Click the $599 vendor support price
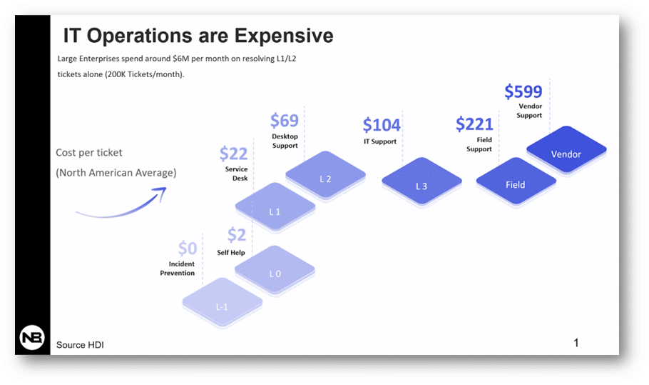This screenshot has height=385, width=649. click(x=523, y=91)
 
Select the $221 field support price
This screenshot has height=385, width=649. click(x=474, y=124)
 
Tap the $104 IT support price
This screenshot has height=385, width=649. click(x=382, y=125)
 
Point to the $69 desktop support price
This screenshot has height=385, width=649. click(x=285, y=121)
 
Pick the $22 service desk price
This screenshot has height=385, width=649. click(x=233, y=154)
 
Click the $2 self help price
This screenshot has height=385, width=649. click(x=237, y=235)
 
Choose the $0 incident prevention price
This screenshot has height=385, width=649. click(x=188, y=249)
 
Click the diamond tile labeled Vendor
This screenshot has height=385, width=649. click(x=566, y=151)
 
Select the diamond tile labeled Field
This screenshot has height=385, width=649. click(x=516, y=182)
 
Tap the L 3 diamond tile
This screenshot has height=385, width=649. click(x=421, y=182)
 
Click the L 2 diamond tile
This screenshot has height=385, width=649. click(x=325, y=176)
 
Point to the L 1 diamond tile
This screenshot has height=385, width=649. click(x=275, y=208)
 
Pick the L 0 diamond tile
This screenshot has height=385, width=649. click(x=275, y=271)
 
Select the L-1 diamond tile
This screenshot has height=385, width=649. click(x=223, y=303)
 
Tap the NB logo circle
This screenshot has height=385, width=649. click(x=32, y=337)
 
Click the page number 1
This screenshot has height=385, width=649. click(x=576, y=343)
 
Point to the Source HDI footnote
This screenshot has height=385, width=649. click(x=80, y=345)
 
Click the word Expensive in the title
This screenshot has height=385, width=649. click(x=284, y=36)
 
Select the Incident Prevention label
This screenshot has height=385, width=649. click(x=177, y=269)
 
